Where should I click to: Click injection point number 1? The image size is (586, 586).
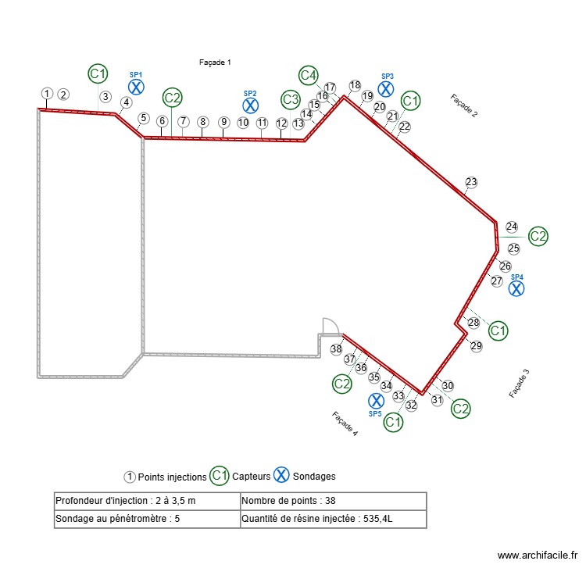pyautogui.click(x=47, y=94)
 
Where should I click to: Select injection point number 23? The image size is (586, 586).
pyautogui.click(x=471, y=183)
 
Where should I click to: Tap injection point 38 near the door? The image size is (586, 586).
pyautogui.click(x=336, y=349)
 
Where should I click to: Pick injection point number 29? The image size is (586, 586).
pyautogui.click(x=477, y=346)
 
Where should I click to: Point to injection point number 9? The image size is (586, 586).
pyautogui.click(x=223, y=122)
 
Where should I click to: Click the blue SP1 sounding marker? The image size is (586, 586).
pyautogui.click(x=136, y=87)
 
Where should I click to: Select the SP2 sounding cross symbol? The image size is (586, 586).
pyautogui.click(x=250, y=105)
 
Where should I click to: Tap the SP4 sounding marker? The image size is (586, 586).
pyautogui.click(x=516, y=288)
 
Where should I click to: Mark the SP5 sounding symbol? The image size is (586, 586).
pyautogui.click(x=375, y=401)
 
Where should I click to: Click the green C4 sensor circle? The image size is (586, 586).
pyautogui.click(x=309, y=75)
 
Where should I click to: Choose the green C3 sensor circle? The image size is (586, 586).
pyautogui.click(x=291, y=99)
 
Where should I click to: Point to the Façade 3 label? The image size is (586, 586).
pyautogui.click(x=520, y=383)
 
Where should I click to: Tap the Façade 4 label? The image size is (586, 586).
pyautogui.click(x=345, y=423)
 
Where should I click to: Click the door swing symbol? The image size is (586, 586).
pyautogui.click(x=329, y=327)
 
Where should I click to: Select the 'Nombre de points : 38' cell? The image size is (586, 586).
pyautogui.click(x=334, y=501)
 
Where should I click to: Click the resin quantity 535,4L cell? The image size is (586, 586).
pyautogui.click(x=334, y=519)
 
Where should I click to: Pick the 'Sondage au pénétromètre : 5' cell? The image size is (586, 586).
pyautogui.click(x=148, y=519)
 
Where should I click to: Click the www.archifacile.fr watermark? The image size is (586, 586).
pyautogui.click(x=538, y=556)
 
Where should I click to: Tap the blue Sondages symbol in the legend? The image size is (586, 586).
pyautogui.click(x=281, y=475)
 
